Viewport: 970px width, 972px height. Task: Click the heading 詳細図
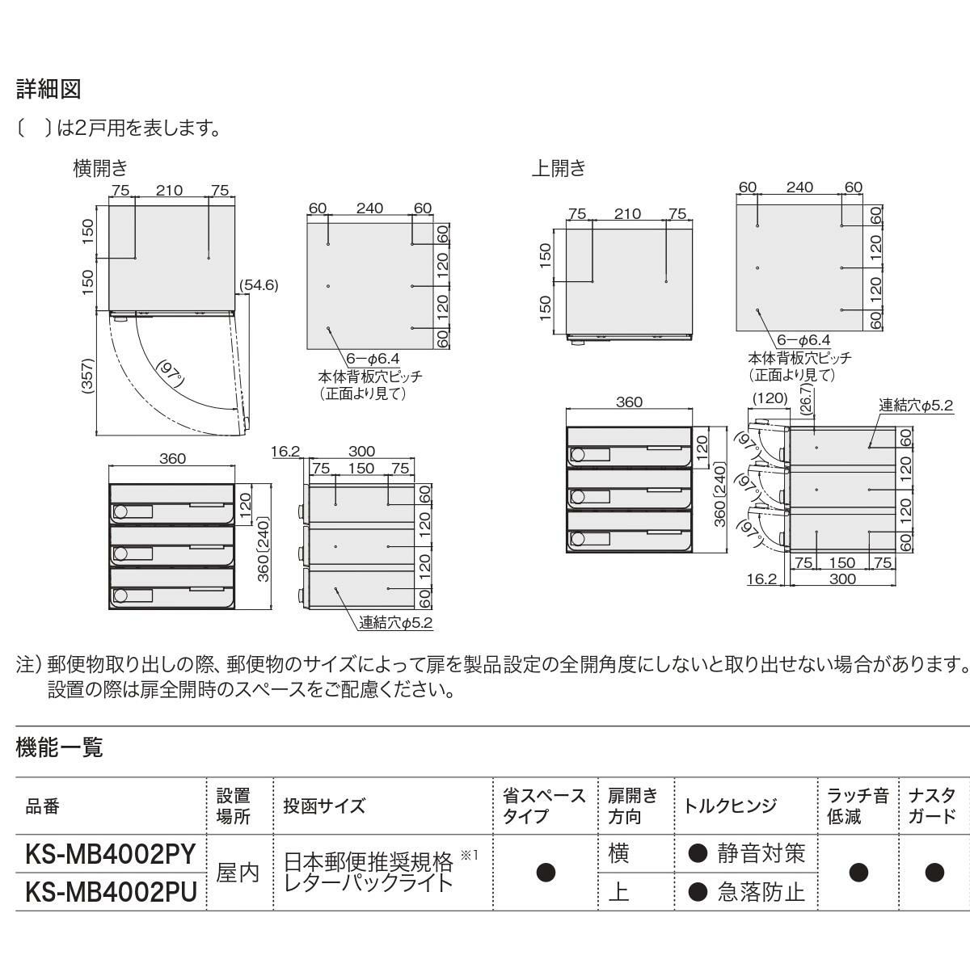[48, 89]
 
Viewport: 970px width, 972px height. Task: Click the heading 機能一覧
[59, 747]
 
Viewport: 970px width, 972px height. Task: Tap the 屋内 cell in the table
[238, 873]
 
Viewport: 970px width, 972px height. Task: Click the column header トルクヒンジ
[730, 806]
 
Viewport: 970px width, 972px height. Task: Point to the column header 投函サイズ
[324, 806]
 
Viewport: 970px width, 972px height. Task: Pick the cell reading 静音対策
[761, 853]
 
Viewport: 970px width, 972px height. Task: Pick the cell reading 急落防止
[761, 891]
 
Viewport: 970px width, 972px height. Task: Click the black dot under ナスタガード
[935, 873]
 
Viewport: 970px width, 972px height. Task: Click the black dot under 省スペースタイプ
[546, 873]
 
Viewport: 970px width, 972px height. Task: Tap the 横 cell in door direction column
[618, 853]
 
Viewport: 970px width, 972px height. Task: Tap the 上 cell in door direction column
[618, 891]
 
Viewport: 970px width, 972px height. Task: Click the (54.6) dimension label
[259, 285]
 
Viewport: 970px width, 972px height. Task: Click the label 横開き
[100, 168]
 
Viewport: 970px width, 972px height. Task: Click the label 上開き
[558, 168]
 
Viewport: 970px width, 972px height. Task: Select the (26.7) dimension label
[805, 400]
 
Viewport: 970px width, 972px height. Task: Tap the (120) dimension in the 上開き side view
[770, 398]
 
